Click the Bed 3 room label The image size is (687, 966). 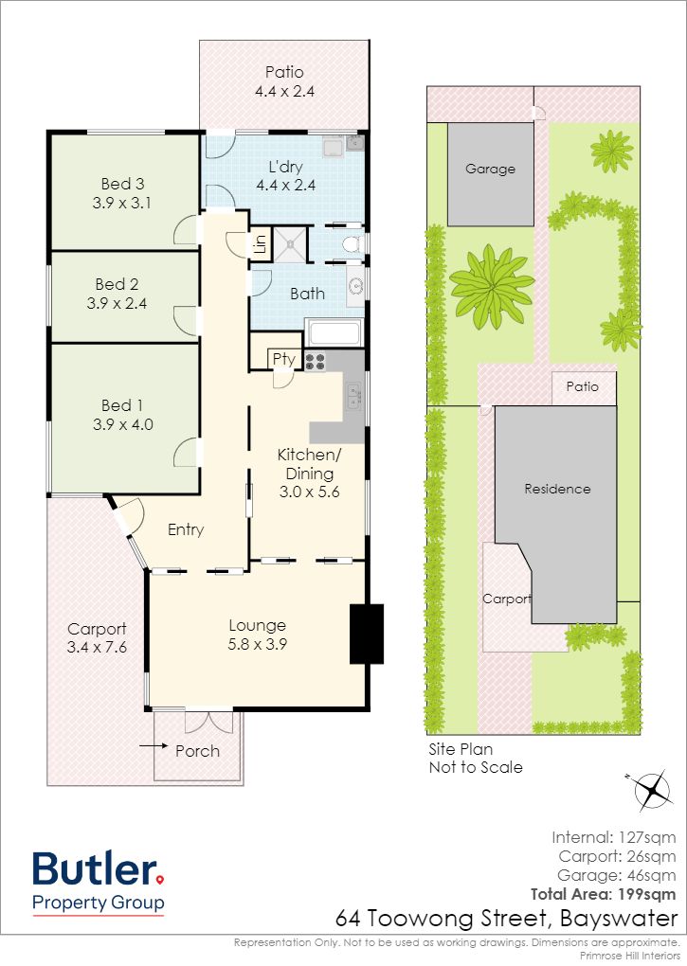(122, 184)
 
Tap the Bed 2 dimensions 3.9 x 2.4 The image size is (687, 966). (117, 303)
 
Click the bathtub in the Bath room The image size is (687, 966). (334, 332)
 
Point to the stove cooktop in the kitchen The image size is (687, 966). (315, 361)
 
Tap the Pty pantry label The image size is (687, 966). (284, 359)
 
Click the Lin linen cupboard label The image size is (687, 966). (260, 245)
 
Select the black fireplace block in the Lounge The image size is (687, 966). (367, 634)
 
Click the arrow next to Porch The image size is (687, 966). (154, 746)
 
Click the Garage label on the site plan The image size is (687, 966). (491, 169)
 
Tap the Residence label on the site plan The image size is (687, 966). (557, 489)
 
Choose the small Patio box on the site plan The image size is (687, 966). (584, 387)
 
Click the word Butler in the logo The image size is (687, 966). (95, 868)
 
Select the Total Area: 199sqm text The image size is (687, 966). (604, 894)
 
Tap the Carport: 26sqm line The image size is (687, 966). (618, 856)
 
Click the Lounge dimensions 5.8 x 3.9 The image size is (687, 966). (258, 644)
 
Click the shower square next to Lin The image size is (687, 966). (290, 245)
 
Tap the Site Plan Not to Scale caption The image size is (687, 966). (476, 759)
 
